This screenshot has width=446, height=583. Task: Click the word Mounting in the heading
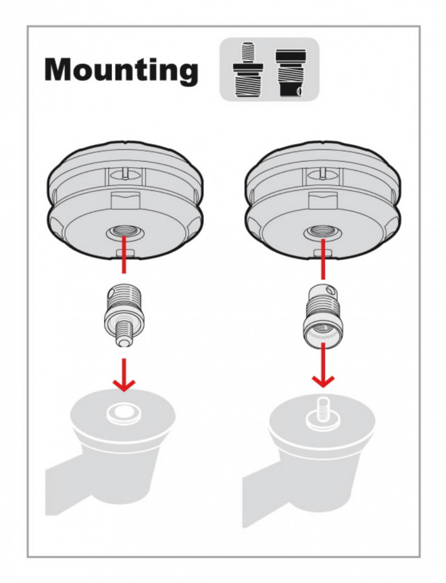point(121,71)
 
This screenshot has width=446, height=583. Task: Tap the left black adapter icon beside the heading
point(248,70)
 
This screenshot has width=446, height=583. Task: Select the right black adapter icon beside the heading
point(291,73)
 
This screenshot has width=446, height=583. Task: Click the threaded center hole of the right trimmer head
point(322,233)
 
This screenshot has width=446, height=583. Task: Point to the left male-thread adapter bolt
point(119,315)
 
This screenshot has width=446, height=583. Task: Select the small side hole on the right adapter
point(328,290)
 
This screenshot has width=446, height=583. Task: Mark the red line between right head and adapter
point(323,258)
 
